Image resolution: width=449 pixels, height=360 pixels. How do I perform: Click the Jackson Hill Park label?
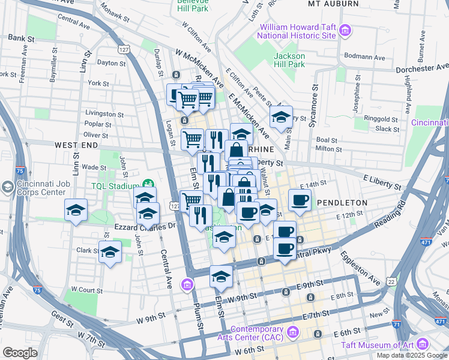[289, 60]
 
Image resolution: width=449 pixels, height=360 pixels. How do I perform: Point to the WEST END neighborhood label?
[76, 145]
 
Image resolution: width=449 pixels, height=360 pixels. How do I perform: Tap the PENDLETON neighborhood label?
[342, 203]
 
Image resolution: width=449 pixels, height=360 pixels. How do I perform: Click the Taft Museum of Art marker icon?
[423, 344]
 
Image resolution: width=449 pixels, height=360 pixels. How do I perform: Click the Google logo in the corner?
[20, 353]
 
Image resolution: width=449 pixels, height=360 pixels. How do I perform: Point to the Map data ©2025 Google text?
[411, 355]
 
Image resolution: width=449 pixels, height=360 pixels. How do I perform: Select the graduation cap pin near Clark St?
[110, 254]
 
